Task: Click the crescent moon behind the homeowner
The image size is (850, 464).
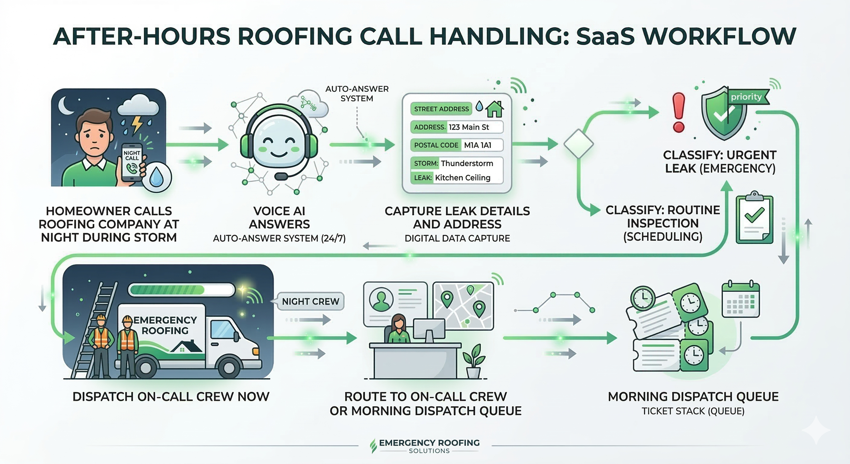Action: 65,105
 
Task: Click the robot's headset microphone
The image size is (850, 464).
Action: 280,176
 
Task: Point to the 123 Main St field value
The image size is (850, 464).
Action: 468,127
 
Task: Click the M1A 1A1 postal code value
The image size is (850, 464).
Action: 478,145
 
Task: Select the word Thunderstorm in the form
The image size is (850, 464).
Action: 467,163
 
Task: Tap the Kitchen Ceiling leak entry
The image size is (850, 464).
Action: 463,178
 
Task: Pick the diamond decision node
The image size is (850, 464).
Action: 578,144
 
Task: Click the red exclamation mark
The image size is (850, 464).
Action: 679,112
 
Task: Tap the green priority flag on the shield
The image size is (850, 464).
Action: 748,97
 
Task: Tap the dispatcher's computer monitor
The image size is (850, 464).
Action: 429,329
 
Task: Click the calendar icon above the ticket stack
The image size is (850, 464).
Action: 741,299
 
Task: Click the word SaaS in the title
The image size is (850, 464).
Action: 605,36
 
